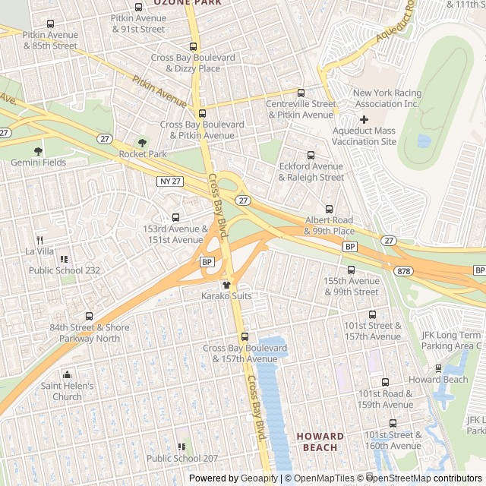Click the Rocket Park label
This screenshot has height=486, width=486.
point(143,154)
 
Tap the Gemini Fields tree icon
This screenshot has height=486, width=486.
point(38,151)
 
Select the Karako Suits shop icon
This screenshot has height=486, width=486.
point(226,284)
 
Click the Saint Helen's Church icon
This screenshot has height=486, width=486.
point(67,374)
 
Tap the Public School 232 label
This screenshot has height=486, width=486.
point(64,270)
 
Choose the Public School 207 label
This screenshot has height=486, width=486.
point(181,458)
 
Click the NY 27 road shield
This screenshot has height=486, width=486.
point(171,181)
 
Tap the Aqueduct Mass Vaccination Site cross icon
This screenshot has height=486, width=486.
point(364,119)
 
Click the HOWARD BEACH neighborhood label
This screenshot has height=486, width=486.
point(320,442)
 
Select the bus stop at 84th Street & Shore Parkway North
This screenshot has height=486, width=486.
point(89,316)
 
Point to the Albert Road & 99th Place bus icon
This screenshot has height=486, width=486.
point(329,209)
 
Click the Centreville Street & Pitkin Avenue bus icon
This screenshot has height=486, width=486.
point(301,93)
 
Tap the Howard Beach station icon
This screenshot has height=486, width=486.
point(438,368)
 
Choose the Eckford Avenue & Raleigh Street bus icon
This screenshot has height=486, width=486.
point(311,155)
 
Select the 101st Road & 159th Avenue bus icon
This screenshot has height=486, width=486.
point(385,383)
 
